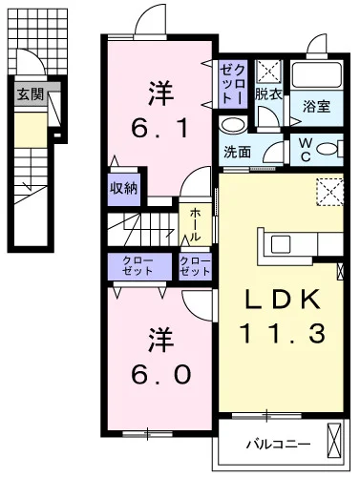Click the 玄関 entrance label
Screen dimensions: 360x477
pos(30,93)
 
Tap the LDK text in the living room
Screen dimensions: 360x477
pos(282,300)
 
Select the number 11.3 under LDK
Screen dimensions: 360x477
pos(284,333)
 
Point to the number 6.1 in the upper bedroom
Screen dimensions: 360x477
pos(159,128)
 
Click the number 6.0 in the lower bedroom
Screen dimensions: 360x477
pos(160,374)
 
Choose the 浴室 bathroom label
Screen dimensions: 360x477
pos(316,107)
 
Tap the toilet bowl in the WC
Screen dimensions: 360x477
pos(328,149)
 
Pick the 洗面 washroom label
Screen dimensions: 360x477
pos(237,152)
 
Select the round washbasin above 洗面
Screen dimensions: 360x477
pos(234,125)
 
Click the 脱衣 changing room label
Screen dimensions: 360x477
pos(268,94)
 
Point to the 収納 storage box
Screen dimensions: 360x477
pos(124,189)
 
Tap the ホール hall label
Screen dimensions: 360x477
pos(195,225)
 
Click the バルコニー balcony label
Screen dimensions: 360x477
pos(279,445)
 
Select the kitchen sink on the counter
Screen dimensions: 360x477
pos(281,244)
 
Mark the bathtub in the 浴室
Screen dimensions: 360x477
pos(316,74)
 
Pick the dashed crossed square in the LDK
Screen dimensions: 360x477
pos(330,192)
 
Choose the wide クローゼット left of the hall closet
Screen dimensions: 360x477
pos(139,267)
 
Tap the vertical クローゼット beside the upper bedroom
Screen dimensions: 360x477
pos(233,84)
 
